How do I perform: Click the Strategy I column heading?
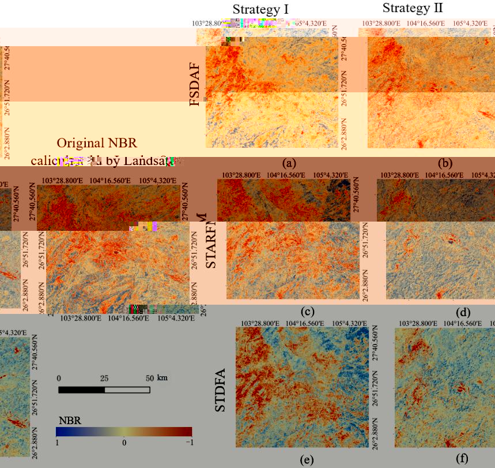pyautogui.click(x=260, y=9)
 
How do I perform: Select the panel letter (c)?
pyautogui.click(x=307, y=312)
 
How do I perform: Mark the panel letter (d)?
pyautogui.click(x=463, y=312)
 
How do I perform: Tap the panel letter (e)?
pyautogui.click(x=307, y=460)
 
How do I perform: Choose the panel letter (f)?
pyautogui.click(x=462, y=460)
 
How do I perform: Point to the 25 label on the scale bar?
pyautogui.click(x=104, y=378)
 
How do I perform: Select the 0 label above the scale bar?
pyautogui.click(x=59, y=378)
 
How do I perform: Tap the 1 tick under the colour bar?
pyautogui.click(x=57, y=441)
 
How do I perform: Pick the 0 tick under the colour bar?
pyautogui.click(x=124, y=441)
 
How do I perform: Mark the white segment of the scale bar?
pyautogui.click(x=127, y=390)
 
